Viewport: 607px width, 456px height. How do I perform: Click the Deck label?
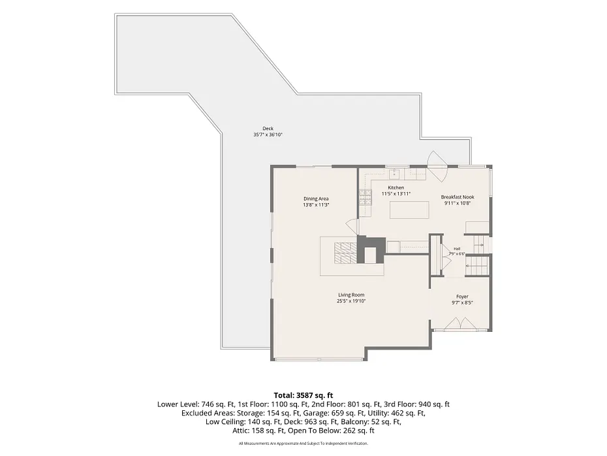click(x=268, y=129)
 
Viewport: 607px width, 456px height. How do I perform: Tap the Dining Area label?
click(x=316, y=199)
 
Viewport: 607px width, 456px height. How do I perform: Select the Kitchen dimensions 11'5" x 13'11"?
click(x=396, y=193)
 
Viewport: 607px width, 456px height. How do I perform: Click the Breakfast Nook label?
click(x=458, y=197)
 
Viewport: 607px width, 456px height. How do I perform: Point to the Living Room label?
click(x=351, y=295)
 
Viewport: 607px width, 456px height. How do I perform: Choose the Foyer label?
click(x=462, y=297)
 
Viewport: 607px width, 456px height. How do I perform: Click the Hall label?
click(x=457, y=249)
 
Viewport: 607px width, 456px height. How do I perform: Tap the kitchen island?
click(x=410, y=210)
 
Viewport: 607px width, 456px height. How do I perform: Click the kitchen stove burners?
click(x=366, y=197)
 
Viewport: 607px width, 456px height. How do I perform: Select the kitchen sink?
click(x=394, y=173)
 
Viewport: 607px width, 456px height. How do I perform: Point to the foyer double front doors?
click(x=458, y=324)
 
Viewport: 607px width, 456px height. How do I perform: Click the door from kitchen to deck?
click(x=437, y=166)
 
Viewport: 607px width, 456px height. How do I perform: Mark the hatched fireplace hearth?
click(x=345, y=253)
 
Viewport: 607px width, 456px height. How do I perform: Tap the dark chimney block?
click(x=371, y=250)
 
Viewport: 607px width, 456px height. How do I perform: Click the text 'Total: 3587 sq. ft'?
click(x=303, y=395)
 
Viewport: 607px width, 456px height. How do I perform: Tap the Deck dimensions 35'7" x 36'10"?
click(x=268, y=135)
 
